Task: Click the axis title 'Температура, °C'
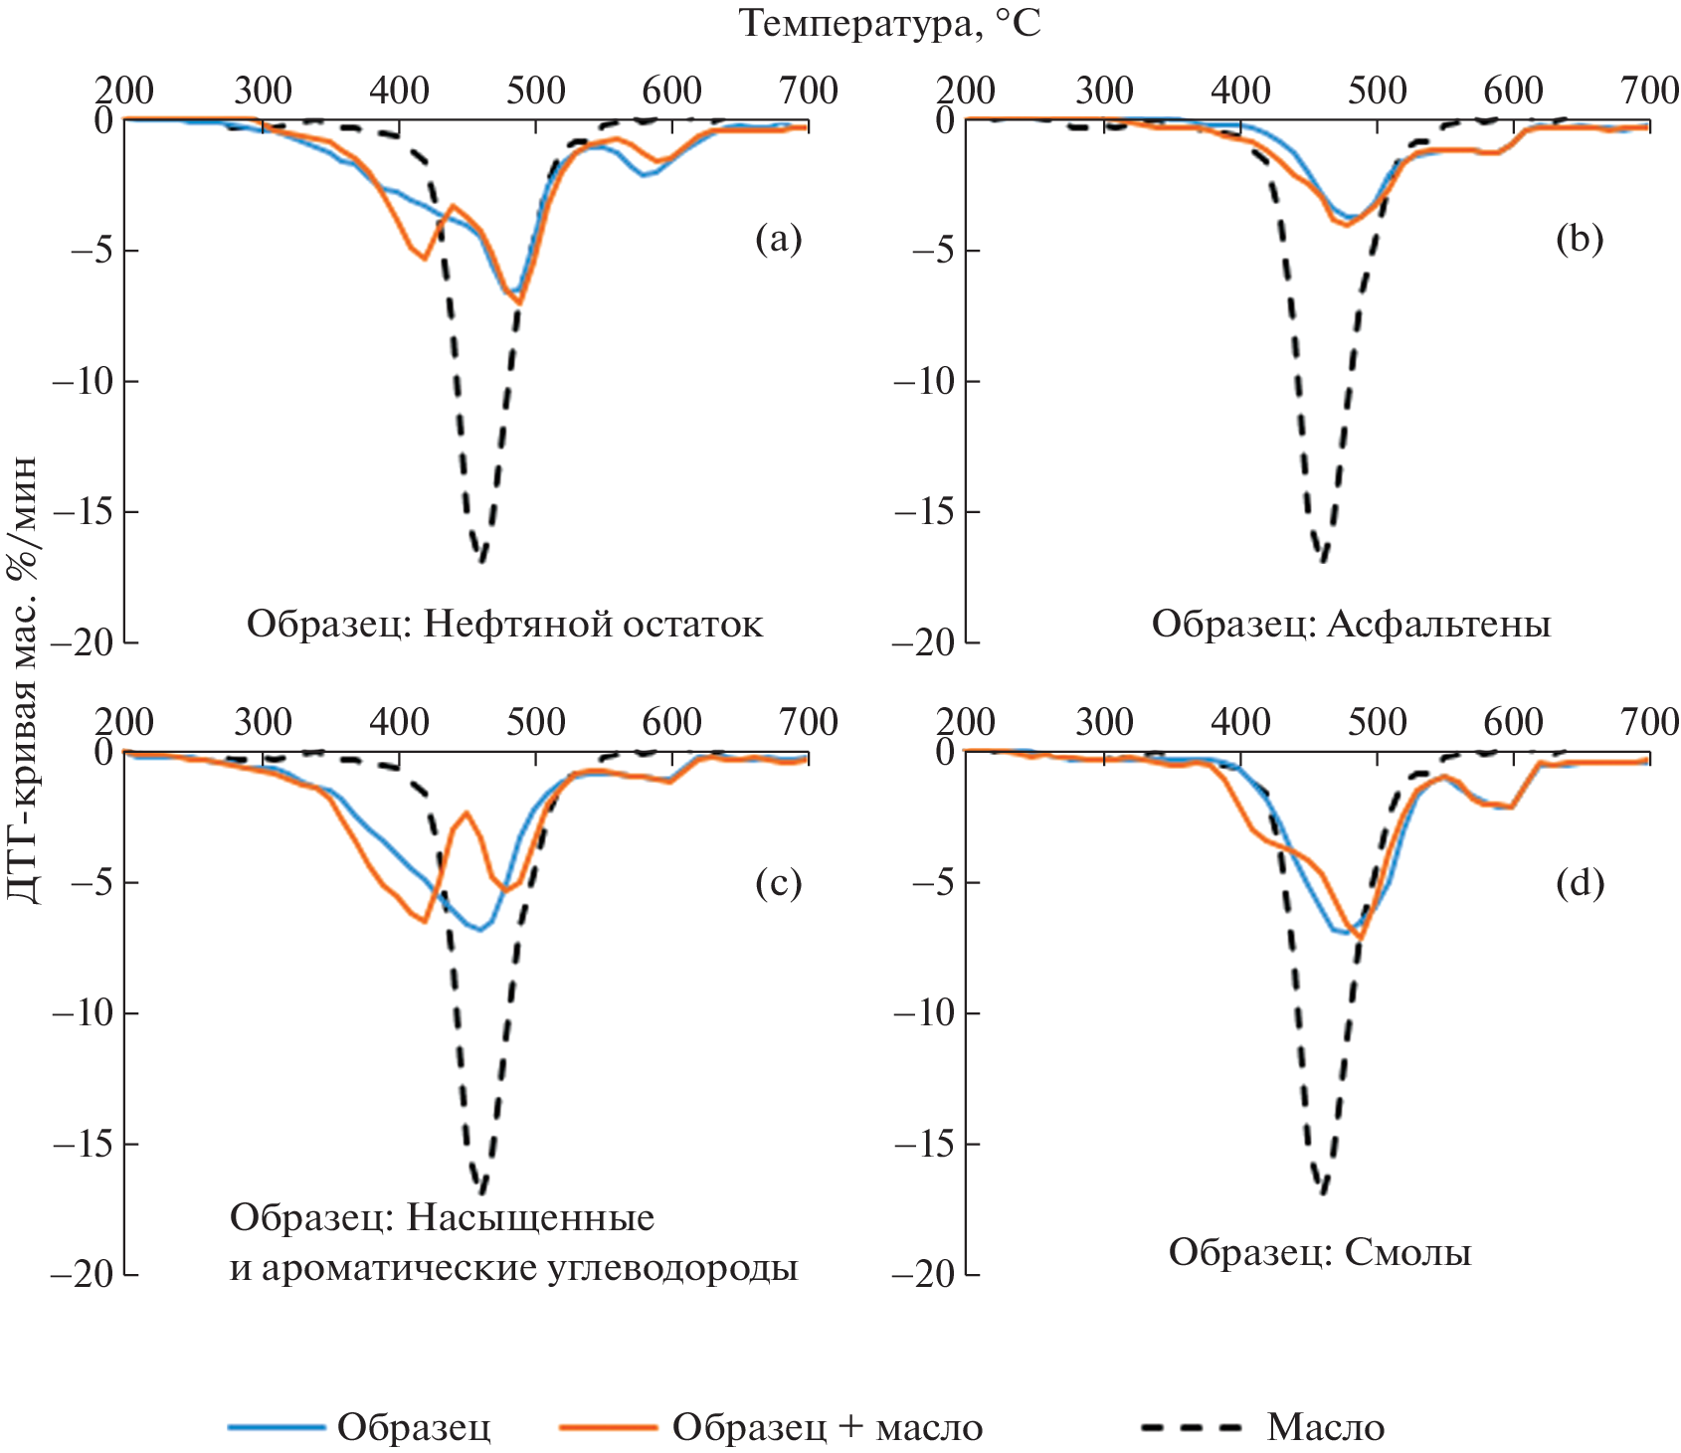click(889, 23)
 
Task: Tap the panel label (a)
click(778, 239)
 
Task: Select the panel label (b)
click(1580, 239)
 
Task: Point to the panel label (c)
click(778, 882)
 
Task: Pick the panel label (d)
click(1580, 882)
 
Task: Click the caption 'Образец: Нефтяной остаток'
click(504, 625)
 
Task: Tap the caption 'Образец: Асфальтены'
click(1351, 625)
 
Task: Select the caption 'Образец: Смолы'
click(1319, 1252)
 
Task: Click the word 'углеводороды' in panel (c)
click(672, 1268)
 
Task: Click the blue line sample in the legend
click(277, 1427)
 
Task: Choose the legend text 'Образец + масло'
click(827, 1427)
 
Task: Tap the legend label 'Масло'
click(1325, 1427)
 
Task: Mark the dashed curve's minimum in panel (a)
click(480, 561)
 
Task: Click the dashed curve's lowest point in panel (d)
click(1323, 1191)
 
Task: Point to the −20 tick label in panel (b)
click(922, 643)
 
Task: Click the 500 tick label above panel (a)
click(535, 91)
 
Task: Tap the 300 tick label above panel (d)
click(1104, 722)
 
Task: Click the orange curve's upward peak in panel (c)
click(466, 813)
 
